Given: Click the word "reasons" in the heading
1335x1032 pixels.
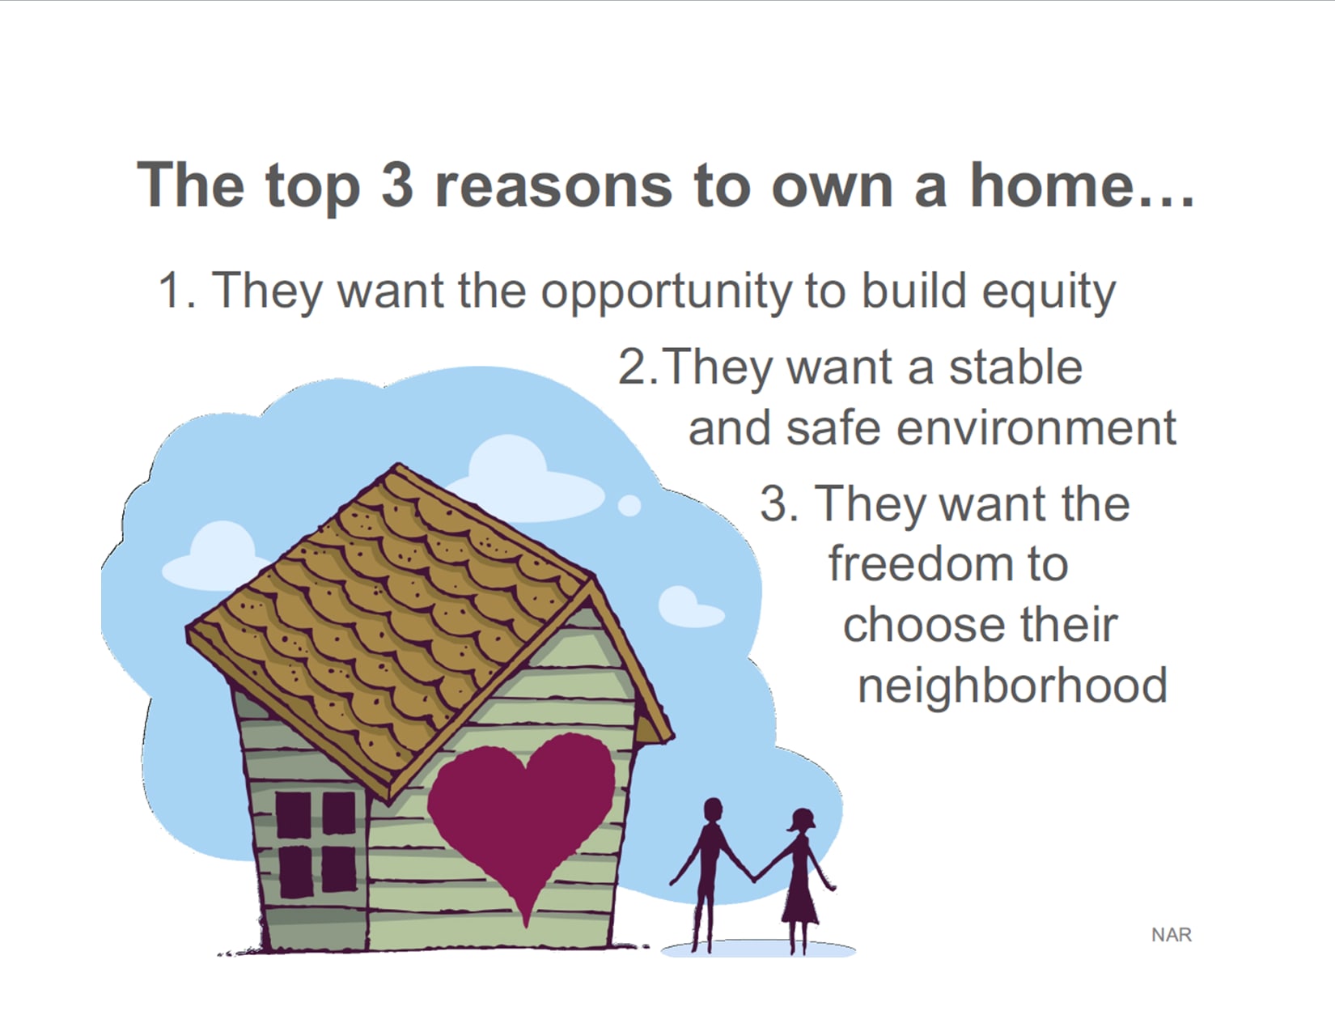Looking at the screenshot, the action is (x=553, y=185).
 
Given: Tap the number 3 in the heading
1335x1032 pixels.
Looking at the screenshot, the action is (x=397, y=184).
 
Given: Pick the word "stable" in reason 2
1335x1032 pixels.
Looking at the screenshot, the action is (x=1015, y=367).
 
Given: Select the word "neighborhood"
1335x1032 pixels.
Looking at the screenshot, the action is (x=1012, y=685).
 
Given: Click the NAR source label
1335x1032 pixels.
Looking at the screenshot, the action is (x=1172, y=935).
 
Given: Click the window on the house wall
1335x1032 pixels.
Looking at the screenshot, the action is (x=316, y=844).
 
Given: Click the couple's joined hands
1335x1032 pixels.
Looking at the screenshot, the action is (x=753, y=877).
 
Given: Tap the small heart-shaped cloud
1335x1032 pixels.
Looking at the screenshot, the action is (x=690, y=607).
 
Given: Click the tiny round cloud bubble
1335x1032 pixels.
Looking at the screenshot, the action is (x=629, y=505).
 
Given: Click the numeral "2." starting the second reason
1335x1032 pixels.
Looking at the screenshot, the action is (x=638, y=367).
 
